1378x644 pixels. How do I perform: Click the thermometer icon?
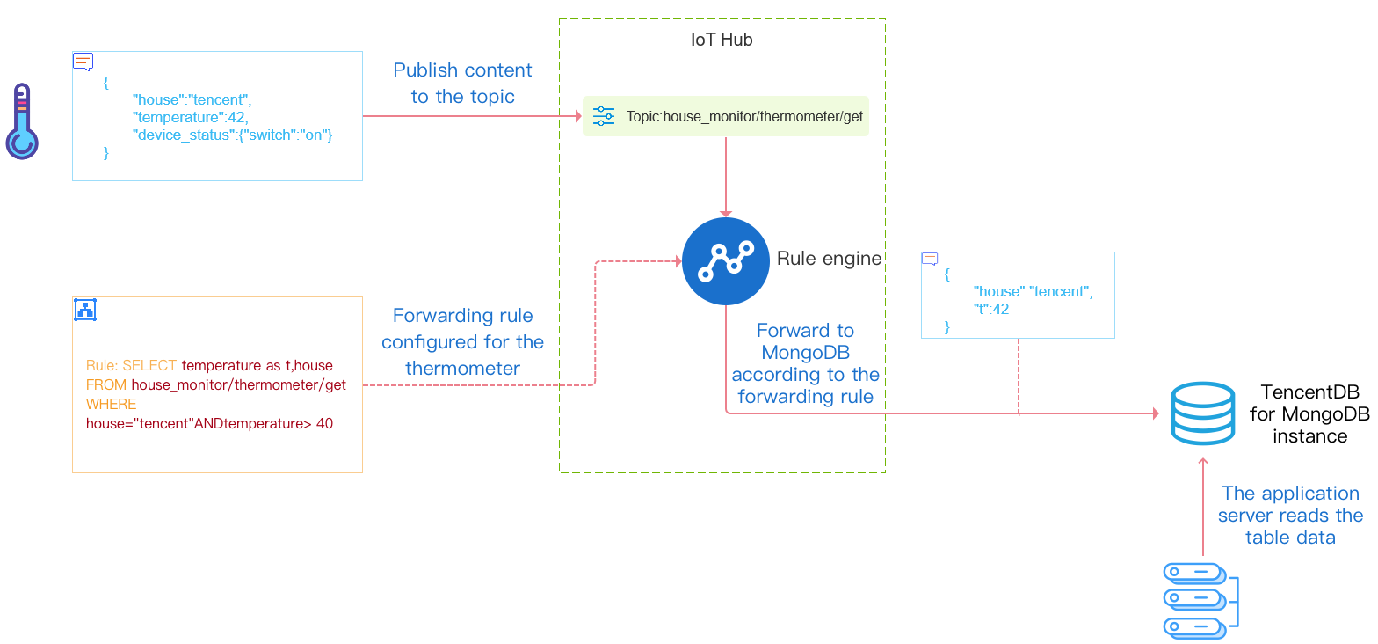22,121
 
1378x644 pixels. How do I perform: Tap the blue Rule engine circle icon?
725,261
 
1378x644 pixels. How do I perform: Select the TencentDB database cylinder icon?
1203,414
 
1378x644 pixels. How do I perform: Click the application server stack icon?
1200,600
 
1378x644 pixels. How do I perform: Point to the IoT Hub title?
722,40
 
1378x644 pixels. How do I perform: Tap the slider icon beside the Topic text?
604,116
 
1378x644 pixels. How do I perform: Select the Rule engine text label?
829,259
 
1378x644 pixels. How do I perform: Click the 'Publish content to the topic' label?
462,83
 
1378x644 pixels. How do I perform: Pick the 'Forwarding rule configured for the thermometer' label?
462,341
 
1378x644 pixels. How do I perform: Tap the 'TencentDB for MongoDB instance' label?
1309,413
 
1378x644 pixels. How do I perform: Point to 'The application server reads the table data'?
1290,515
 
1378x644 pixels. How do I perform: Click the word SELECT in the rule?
149,365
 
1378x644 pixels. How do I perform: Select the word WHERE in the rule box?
112,404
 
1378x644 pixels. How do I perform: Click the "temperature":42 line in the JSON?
191,117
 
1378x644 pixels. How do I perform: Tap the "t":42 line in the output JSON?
991,309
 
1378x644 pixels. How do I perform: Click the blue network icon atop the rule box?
85,309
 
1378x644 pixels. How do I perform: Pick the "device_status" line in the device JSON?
233,135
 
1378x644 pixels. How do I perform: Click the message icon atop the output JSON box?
929,259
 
